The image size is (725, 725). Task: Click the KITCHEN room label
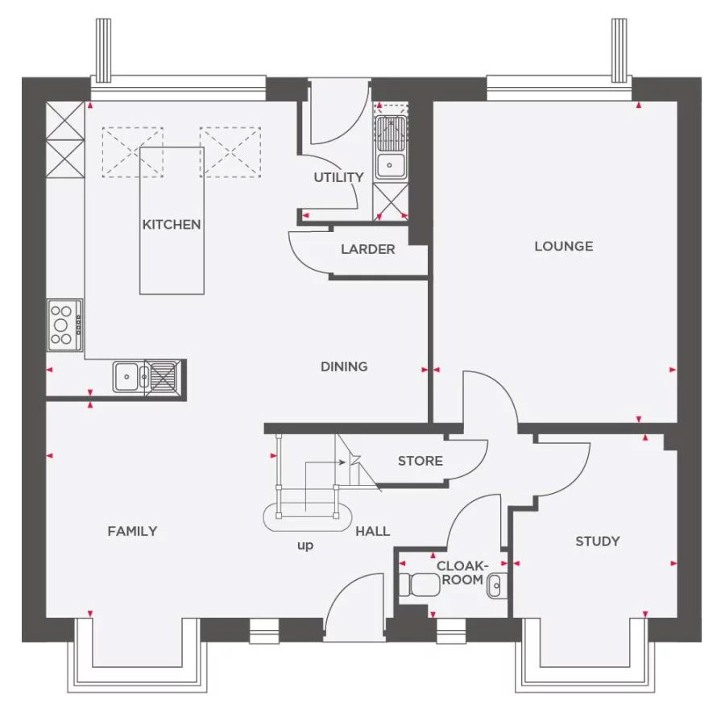(172, 225)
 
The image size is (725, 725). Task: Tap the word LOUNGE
(563, 246)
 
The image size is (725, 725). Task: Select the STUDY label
(597, 541)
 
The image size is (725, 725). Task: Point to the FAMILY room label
(133, 531)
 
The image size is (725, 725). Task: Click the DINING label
(344, 367)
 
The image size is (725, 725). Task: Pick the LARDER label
(367, 250)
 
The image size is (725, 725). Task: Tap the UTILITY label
(338, 177)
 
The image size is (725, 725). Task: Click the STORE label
(420, 461)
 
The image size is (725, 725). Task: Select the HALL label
(372, 531)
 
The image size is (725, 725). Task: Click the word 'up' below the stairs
(305, 545)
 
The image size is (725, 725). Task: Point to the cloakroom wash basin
(496, 584)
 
